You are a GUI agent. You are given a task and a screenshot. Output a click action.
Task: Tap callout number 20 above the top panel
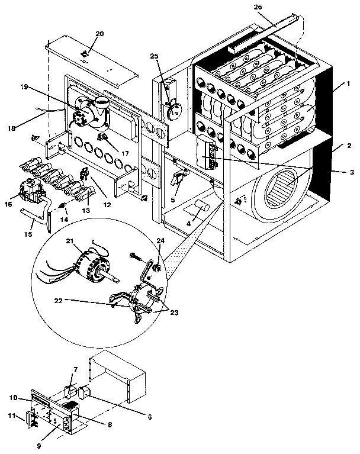pos(99,33)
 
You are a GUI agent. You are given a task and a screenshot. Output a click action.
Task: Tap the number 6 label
pos(149,417)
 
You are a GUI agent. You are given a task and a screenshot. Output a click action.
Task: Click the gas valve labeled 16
pos(30,190)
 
